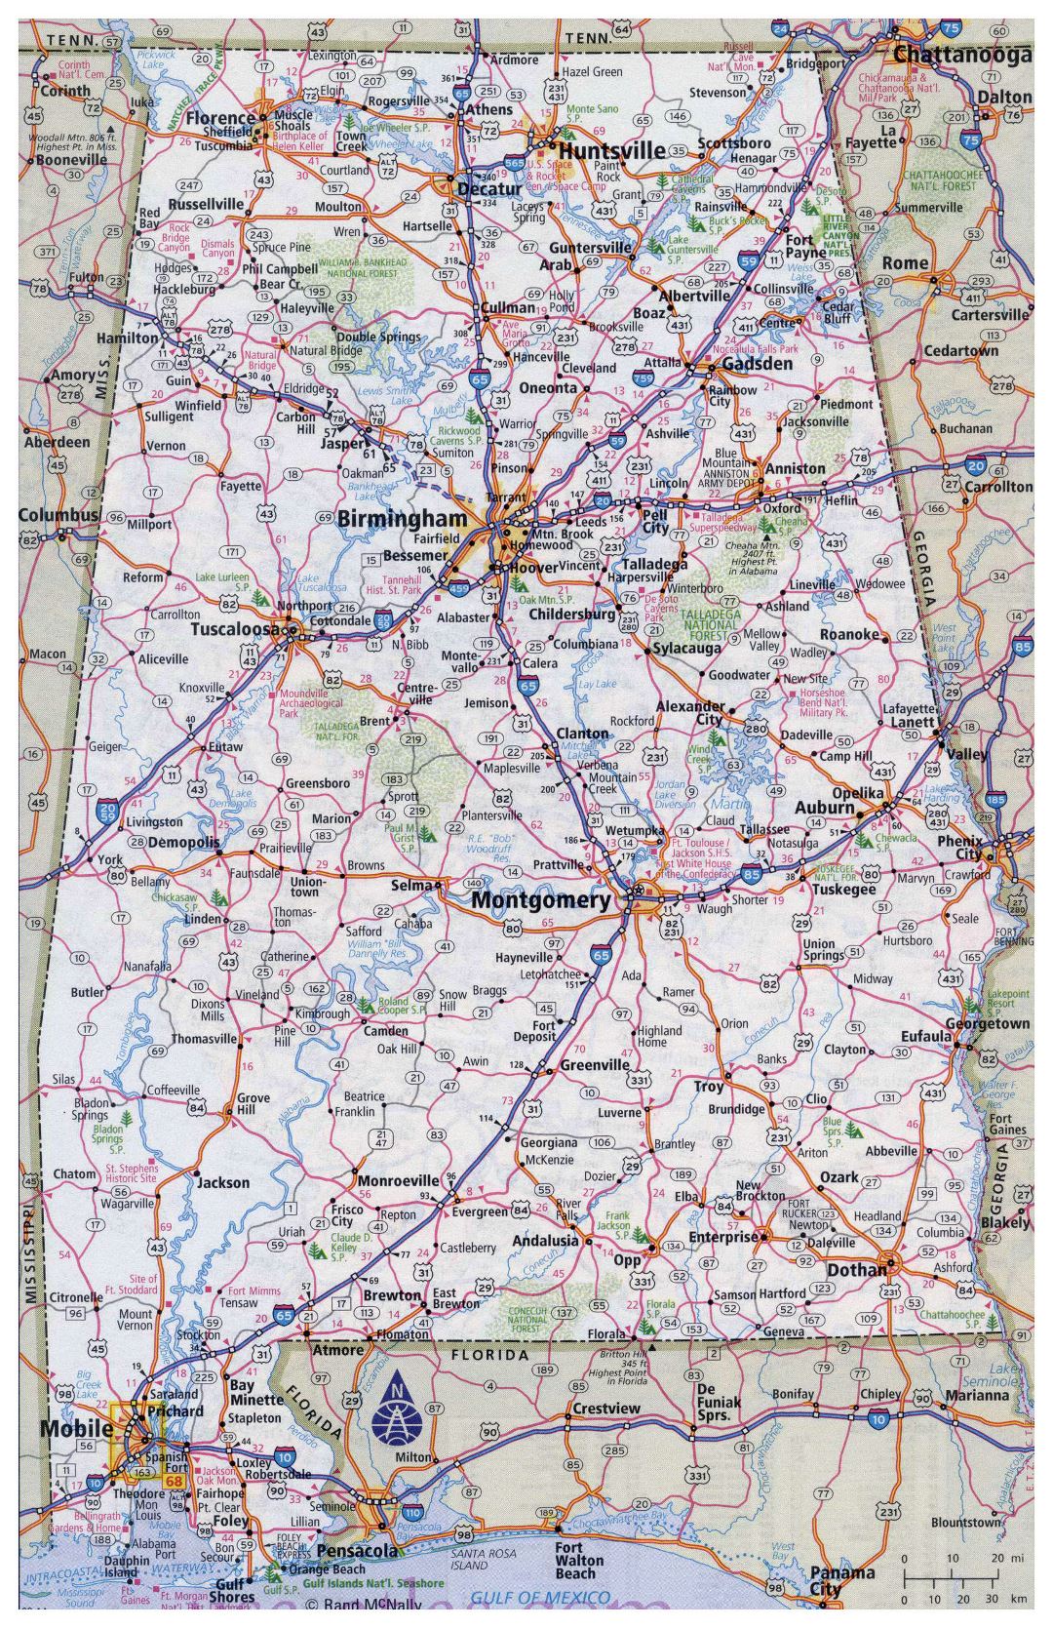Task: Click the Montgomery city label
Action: [541, 899]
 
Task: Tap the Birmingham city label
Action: [403, 518]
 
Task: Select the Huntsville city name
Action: [611, 150]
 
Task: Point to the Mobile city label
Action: [76, 1428]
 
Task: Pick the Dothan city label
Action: [857, 1270]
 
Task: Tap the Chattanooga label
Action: [962, 56]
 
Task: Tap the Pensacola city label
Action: [357, 1550]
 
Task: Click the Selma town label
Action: [410, 885]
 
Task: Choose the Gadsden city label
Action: [757, 363]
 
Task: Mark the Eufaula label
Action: [925, 1036]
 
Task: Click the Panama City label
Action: [841, 1580]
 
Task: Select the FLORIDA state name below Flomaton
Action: [488, 1355]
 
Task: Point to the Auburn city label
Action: [824, 808]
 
